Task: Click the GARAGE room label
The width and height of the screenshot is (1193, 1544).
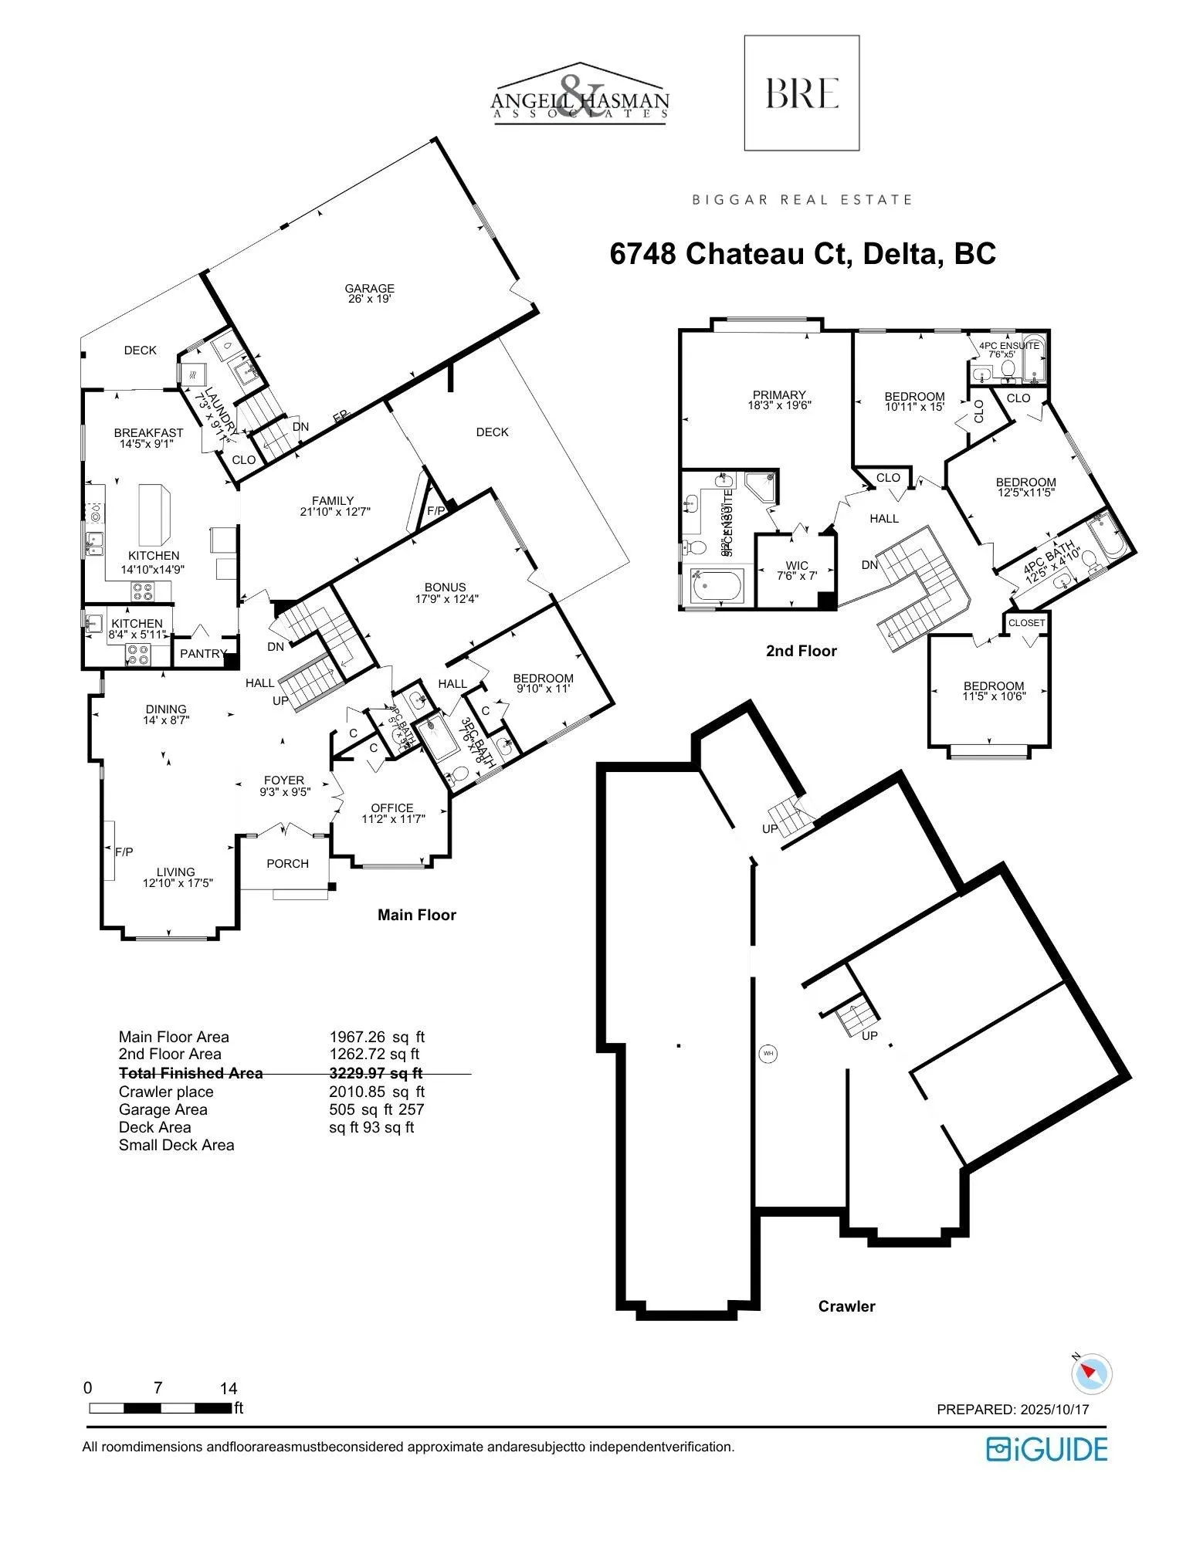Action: pyautogui.click(x=369, y=289)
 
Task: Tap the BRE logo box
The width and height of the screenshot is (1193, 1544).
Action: pyautogui.click(x=802, y=93)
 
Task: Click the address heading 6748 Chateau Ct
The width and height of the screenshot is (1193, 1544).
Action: pyautogui.click(x=803, y=254)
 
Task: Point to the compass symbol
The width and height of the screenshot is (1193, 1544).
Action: pyautogui.click(x=1092, y=1373)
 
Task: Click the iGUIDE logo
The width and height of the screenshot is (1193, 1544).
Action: pyautogui.click(x=1046, y=1449)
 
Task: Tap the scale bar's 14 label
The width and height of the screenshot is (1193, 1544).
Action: pyautogui.click(x=228, y=1388)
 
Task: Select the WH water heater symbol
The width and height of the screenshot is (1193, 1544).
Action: pyautogui.click(x=768, y=1053)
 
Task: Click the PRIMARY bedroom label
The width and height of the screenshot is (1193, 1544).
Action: pyautogui.click(x=779, y=395)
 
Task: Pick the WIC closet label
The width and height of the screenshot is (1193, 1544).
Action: pyautogui.click(x=797, y=566)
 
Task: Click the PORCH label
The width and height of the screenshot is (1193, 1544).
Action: pyautogui.click(x=287, y=864)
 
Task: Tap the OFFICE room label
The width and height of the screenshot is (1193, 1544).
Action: pyautogui.click(x=392, y=808)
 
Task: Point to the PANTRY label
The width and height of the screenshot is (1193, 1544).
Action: pyautogui.click(x=202, y=654)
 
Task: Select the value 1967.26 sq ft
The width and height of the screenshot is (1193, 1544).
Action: pyautogui.click(x=377, y=1037)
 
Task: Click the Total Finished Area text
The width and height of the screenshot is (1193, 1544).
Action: pyautogui.click(x=191, y=1073)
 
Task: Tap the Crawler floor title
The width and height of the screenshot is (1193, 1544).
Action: pyautogui.click(x=846, y=1306)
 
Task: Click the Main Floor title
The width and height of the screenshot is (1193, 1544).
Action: pyautogui.click(x=416, y=915)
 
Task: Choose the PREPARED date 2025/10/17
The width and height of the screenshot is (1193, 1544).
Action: pyautogui.click(x=1012, y=1409)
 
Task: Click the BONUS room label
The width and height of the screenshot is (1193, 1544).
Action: pyautogui.click(x=445, y=587)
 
